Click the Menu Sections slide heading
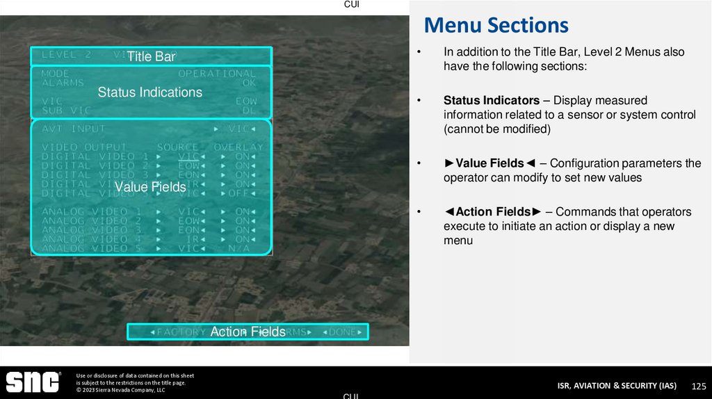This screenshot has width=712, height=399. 496,26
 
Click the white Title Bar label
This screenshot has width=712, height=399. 150,57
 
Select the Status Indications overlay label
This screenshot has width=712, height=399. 149,92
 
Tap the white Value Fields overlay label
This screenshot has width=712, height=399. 150,187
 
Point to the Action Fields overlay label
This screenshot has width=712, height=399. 248,332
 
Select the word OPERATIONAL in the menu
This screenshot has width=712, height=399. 217,73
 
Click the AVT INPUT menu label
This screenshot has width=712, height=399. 73,129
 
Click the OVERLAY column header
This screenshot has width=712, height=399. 238,147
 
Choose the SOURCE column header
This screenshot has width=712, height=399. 177,147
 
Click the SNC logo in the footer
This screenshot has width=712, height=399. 33,382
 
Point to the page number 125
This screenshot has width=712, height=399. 699,386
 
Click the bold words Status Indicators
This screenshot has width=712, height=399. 491,100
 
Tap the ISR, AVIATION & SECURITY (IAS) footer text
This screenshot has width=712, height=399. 616,386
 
